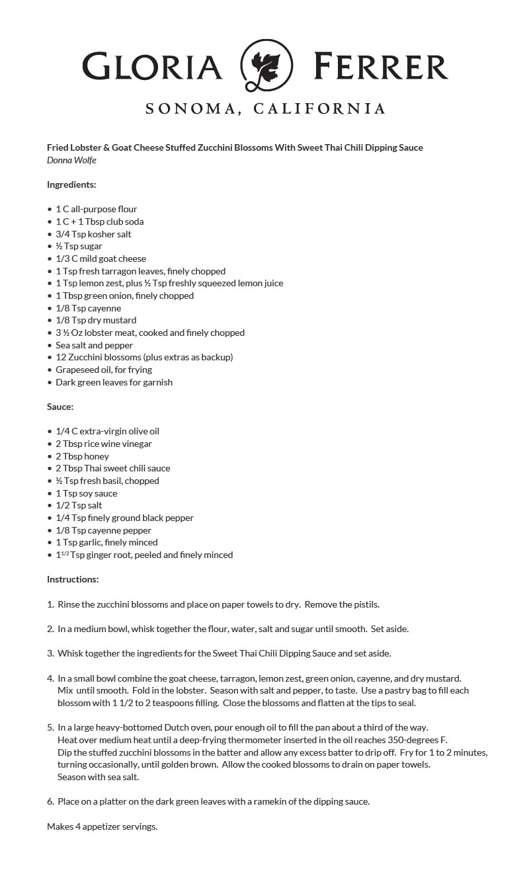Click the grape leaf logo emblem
click(x=266, y=65)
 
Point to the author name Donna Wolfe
click(x=71, y=160)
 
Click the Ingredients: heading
click(x=71, y=184)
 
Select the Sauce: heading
click(x=60, y=407)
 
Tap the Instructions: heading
click(x=73, y=579)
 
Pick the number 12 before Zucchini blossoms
click(x=61, y=357)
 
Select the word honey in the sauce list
click(x=97, y=456)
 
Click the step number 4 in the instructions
click(x=50, y=678)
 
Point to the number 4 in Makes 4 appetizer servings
click(x=78, y=826)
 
